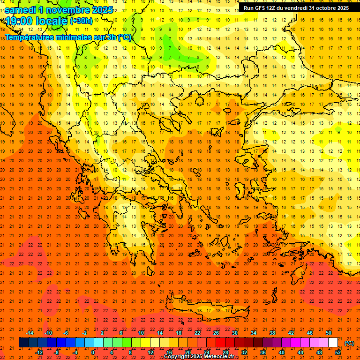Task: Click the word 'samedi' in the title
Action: (x=22, y=10)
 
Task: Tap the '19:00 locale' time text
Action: (x=36, y=21)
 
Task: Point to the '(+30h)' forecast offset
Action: (x=81, y=21)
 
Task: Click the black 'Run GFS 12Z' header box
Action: (x=296, y=8)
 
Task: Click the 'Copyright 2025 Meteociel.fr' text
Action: (x=199, y=357)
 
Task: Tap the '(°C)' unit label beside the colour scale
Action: (x=349, y=343)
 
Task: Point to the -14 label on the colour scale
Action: (x=30, y=333)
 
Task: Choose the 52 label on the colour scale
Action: (x=338, y=352)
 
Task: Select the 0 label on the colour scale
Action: (x=93, y=352)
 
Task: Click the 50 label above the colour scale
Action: (x=329, y=333)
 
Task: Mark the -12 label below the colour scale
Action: (x=39, y=352)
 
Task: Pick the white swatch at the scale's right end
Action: (x=333, y=343)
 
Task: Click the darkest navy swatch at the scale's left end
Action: (x=23, y=343)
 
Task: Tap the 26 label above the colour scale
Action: (x=216, y=333)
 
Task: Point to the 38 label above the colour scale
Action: (x=272, y=333)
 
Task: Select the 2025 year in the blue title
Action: (x=101, y=10)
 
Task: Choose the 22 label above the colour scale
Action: (x=197, y=333)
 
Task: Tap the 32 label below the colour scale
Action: (x=244, y=352)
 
